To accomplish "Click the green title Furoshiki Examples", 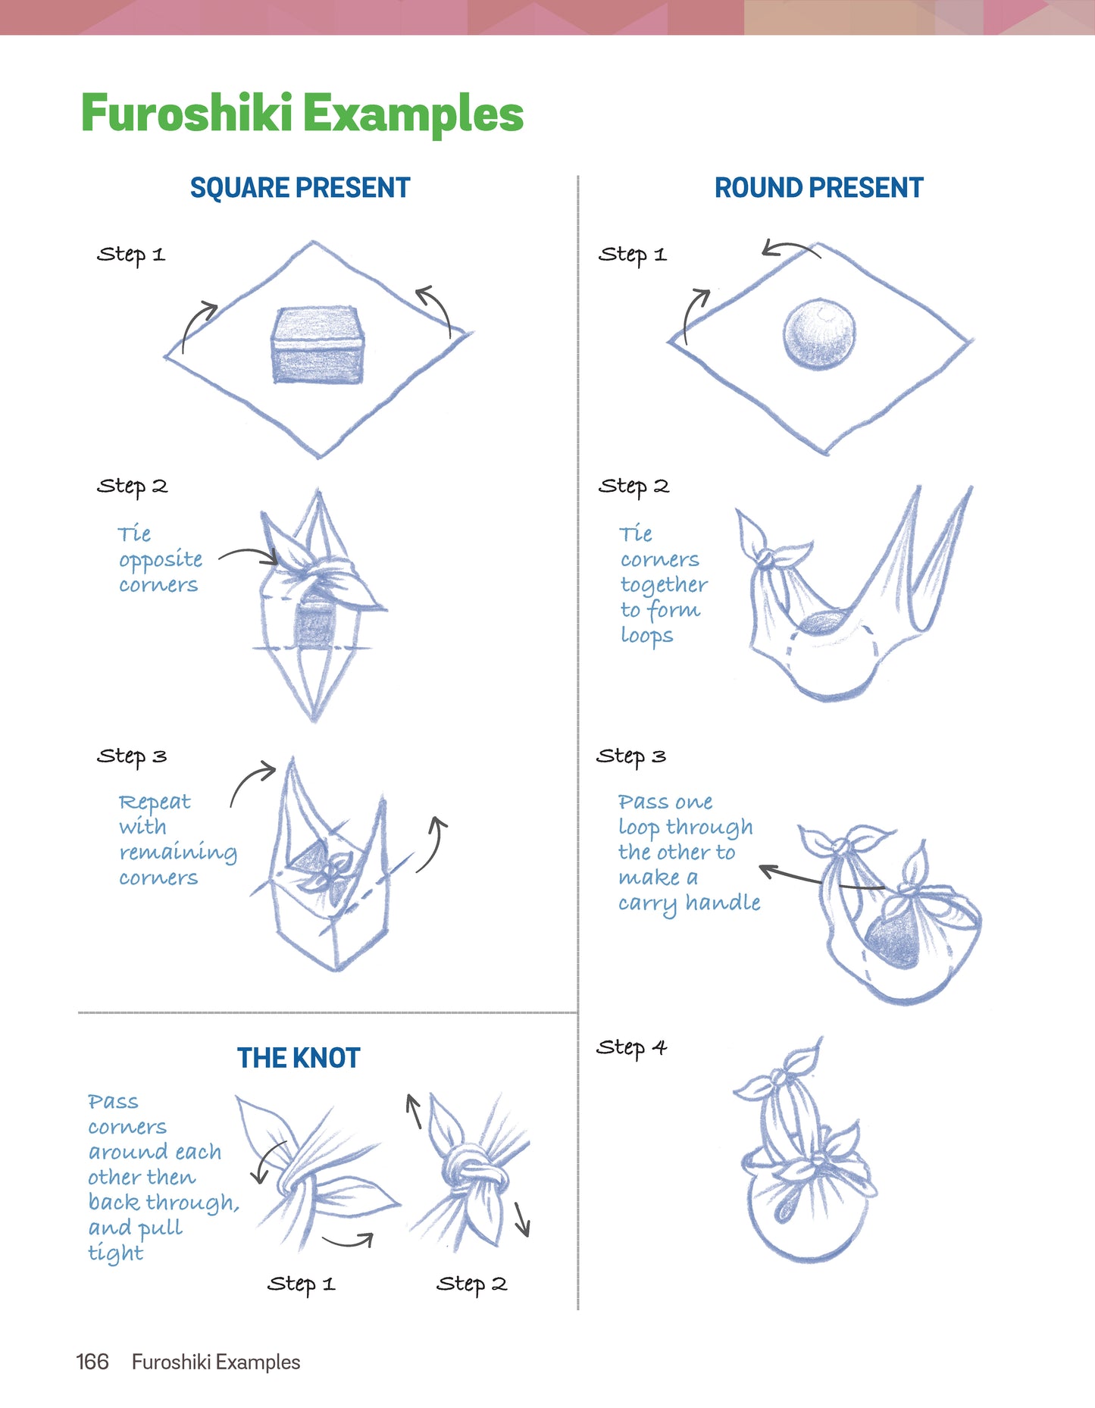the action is click(x=302, y=114).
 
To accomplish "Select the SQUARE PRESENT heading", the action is click(x=300, y=188).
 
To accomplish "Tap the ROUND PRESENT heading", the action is click(x=819, y=188).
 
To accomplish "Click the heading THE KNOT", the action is click(x=299, y=1058).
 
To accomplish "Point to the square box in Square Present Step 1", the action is click(x=318, y=345).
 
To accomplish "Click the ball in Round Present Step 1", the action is click(x=819, y=334).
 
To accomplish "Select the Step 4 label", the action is click(x=631, y=1048).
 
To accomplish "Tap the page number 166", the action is click(x=92, y=1362).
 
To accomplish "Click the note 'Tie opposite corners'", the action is click(x=160, y=559).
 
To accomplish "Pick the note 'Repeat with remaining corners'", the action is click(x=178, y=840).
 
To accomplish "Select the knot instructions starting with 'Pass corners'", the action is click(x=163, y=1178).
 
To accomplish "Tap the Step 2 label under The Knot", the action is click(x=471, y=1284).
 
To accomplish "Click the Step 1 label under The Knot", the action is click(x=301, y=1284).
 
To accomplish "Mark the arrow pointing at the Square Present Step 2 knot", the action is click(x=248, y=555).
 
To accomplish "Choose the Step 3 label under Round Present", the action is click(x=631, y=756).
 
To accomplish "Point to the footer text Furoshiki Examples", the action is click(x=216, y=1362).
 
